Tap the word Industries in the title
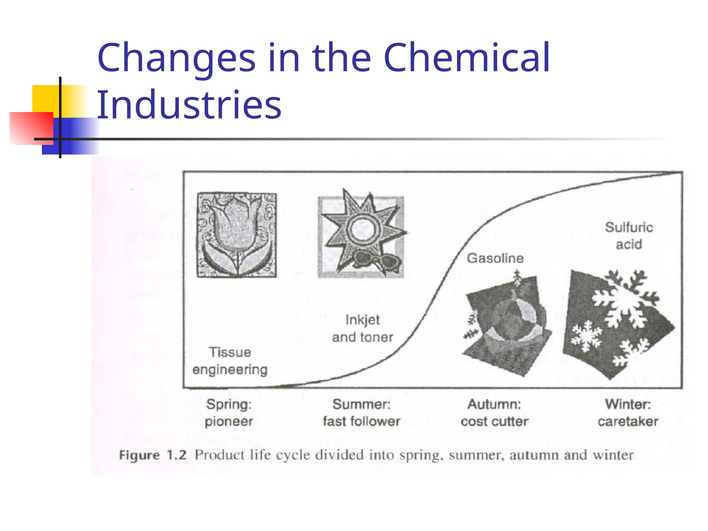(189, 104)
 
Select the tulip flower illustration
(237, 235)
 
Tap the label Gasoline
(495, 258)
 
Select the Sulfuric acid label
(629, 236)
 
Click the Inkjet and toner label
(363, 328)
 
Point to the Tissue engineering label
(230, 361)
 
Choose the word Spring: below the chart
(229, 404)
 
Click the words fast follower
(362, 421)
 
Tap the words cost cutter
(495, 421)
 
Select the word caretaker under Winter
(628, 421)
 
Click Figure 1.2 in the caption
(153, 455)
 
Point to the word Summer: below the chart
(361, 404)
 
